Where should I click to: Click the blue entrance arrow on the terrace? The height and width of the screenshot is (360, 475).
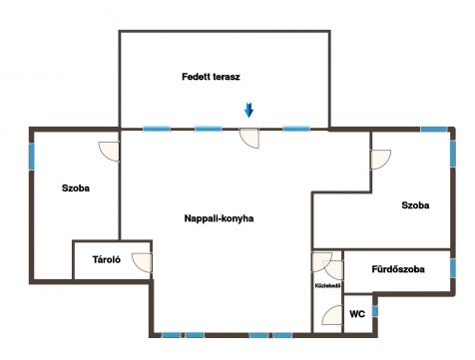point(248,110)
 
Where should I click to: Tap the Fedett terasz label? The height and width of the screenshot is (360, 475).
point(211,77)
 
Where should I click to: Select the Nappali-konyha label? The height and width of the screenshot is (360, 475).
point(219,218)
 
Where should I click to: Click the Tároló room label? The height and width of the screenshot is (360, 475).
point(107,259)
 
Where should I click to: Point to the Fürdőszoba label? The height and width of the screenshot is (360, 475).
point(398,269)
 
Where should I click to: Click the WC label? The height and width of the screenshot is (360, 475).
point(357,314)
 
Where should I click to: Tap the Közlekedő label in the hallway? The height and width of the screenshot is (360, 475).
point(327,285)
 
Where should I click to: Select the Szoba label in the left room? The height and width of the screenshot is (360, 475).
point(76,188)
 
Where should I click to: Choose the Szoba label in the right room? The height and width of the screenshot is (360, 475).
point(415,205)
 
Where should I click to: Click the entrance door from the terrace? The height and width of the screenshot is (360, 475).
point(249,138)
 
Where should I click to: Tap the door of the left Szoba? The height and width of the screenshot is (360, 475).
point(109,152)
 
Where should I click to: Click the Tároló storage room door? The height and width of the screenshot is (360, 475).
point(142,263)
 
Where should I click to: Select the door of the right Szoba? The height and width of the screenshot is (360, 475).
point(380,160)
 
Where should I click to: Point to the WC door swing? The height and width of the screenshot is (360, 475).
point(332,315)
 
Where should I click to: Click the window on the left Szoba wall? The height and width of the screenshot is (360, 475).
point(32,157)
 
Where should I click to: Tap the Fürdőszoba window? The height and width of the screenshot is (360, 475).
point(453,268)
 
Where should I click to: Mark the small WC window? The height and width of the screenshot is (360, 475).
point(375,311)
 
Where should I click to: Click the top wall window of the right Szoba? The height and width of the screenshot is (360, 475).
point(434,130)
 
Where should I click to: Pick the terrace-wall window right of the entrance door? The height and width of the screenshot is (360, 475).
point(296,129)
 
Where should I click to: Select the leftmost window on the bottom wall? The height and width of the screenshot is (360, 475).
point(171,335)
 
